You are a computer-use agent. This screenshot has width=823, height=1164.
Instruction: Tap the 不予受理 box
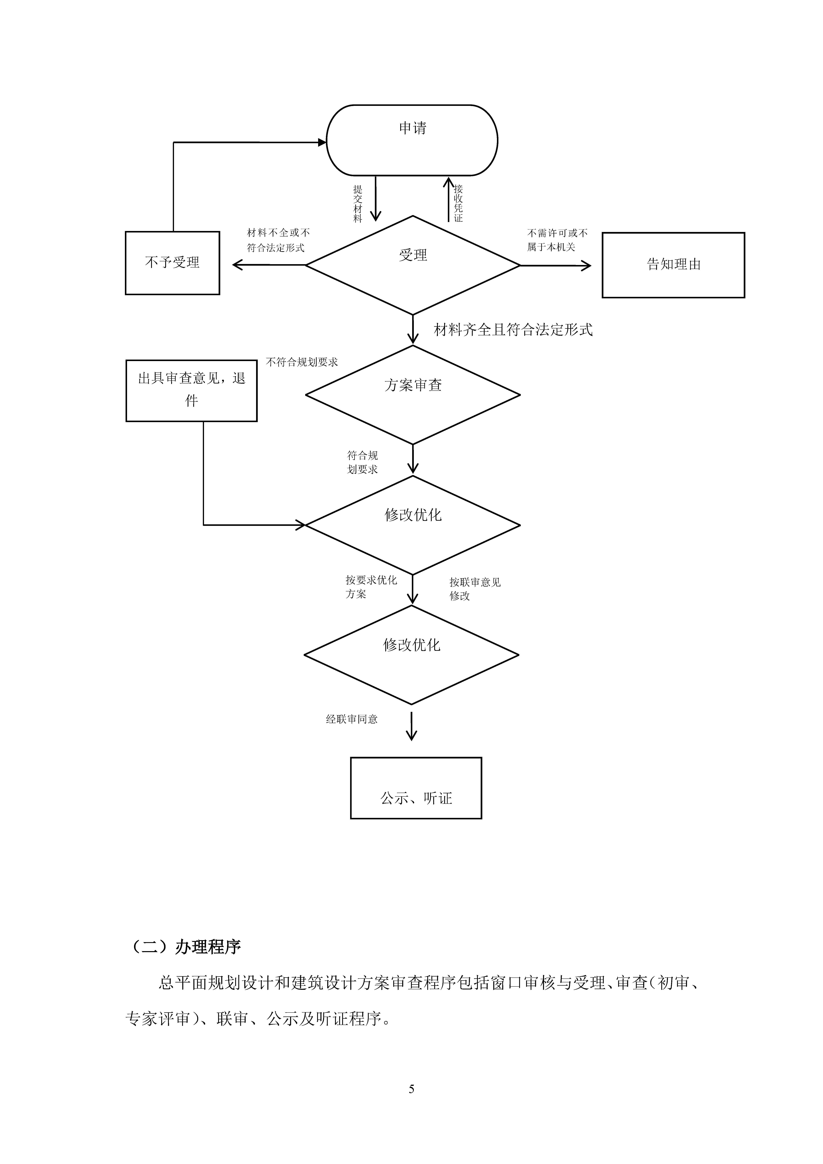click(172, 263)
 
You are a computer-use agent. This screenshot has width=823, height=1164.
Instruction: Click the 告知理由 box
click(673, 265)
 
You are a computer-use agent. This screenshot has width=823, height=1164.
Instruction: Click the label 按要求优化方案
click(371, 587)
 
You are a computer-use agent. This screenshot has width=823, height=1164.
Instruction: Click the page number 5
click(411, 1089)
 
